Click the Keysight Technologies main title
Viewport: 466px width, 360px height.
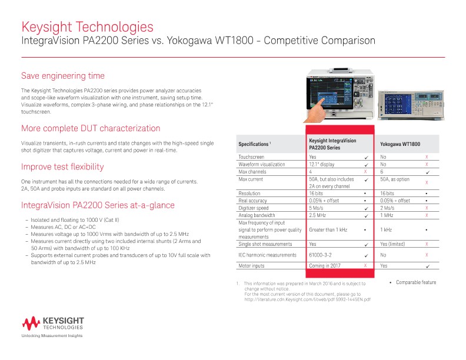click(87, 27)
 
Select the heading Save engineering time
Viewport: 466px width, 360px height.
click(63, 76)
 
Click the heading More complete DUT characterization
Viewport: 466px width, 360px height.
click(91, 128)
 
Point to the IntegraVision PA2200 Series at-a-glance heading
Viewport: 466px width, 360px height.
click(98, 205)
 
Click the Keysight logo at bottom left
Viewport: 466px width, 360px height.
click(53, 323)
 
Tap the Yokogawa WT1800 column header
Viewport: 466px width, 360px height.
click(400, 144)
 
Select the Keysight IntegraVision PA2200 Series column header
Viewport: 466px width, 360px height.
click(332, 144)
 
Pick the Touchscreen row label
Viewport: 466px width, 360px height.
click(251, 158)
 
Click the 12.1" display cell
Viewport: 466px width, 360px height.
click(322, 165)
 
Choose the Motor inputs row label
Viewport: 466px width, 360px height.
click(252, 266)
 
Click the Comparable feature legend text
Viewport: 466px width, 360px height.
click(416, 283)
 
